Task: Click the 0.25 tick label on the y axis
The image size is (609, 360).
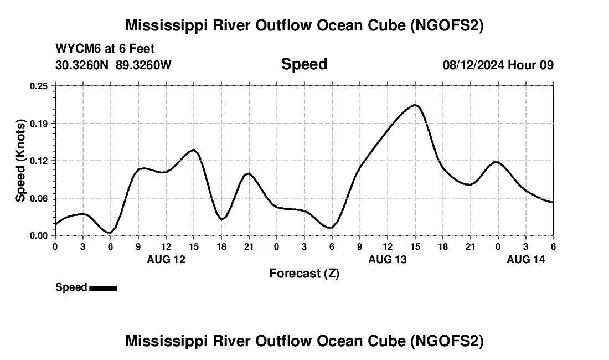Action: tap(39, 86)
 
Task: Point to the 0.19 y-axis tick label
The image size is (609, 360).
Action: tap(39, 123)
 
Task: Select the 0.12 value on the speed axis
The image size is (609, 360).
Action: tap(39, 161)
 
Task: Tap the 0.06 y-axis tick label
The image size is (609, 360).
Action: tap(39, 198)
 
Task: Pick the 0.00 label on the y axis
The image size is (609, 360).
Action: tap(39, 235)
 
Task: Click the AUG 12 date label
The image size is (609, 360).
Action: tap(166, 259)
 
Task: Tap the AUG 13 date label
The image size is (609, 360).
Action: tap(388, 259)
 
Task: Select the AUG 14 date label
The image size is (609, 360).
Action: tap(526, 259)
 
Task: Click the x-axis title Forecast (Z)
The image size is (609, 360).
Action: tap(304, 273)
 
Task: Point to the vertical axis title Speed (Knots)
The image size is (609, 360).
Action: tap(20, 161)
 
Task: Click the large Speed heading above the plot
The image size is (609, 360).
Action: tap(304, 64)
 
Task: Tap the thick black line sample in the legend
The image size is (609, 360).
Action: tap(103, 288)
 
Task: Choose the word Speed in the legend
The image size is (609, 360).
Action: tap(71, 287)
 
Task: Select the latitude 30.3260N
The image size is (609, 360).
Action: tap(82, 65)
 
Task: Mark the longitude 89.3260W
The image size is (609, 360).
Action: tap(143, 65)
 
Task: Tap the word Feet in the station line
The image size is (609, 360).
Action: tap(142, 49)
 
